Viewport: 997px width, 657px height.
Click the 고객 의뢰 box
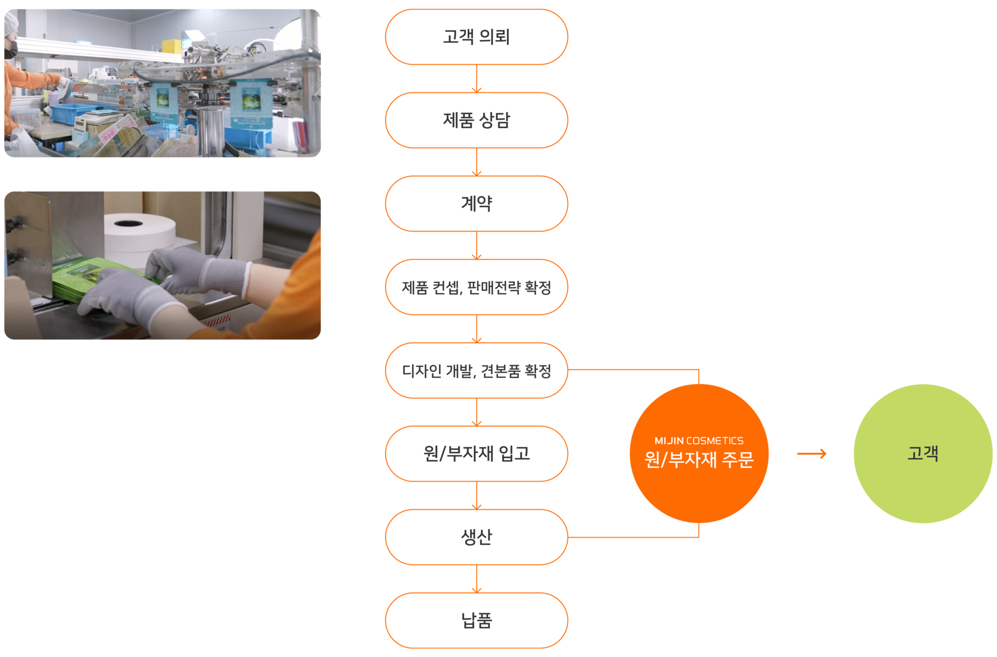[x=476, y=37]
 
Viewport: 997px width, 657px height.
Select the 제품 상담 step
[x=476, y=120]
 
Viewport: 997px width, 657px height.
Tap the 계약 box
[x=476, y=204]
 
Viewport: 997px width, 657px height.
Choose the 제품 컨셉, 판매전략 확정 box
[x=476, y=287]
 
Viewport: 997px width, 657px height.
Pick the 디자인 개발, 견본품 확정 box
[x=476, y=370]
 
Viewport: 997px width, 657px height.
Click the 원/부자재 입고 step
[x=476, y=453]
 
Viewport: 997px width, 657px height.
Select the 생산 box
[x=476, y=537]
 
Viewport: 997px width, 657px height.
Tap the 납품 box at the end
[x=476, y=620]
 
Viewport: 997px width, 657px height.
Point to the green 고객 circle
[x=923, y=453]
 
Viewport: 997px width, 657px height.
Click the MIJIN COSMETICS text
[x=699, y=441]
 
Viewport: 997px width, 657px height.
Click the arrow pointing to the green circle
[x=812, y=454]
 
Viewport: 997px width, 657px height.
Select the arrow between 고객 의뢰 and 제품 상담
[x=477, y=79]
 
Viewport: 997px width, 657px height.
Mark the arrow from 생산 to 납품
[x=477, y=579]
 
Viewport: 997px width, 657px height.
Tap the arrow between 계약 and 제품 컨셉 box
[x=477, y=246]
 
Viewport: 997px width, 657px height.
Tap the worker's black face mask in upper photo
[x=11, y=49]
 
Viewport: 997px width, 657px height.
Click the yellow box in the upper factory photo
[x=171, y=46]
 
